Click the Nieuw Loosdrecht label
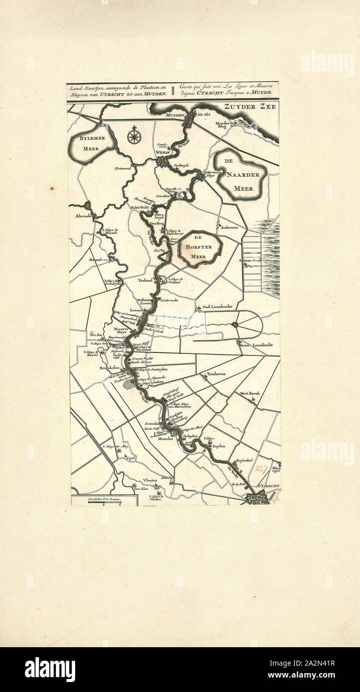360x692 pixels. (256, 345)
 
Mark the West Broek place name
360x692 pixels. (250, 393)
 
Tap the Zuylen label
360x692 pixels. (219, 447)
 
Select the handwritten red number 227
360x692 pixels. (259, 468)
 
